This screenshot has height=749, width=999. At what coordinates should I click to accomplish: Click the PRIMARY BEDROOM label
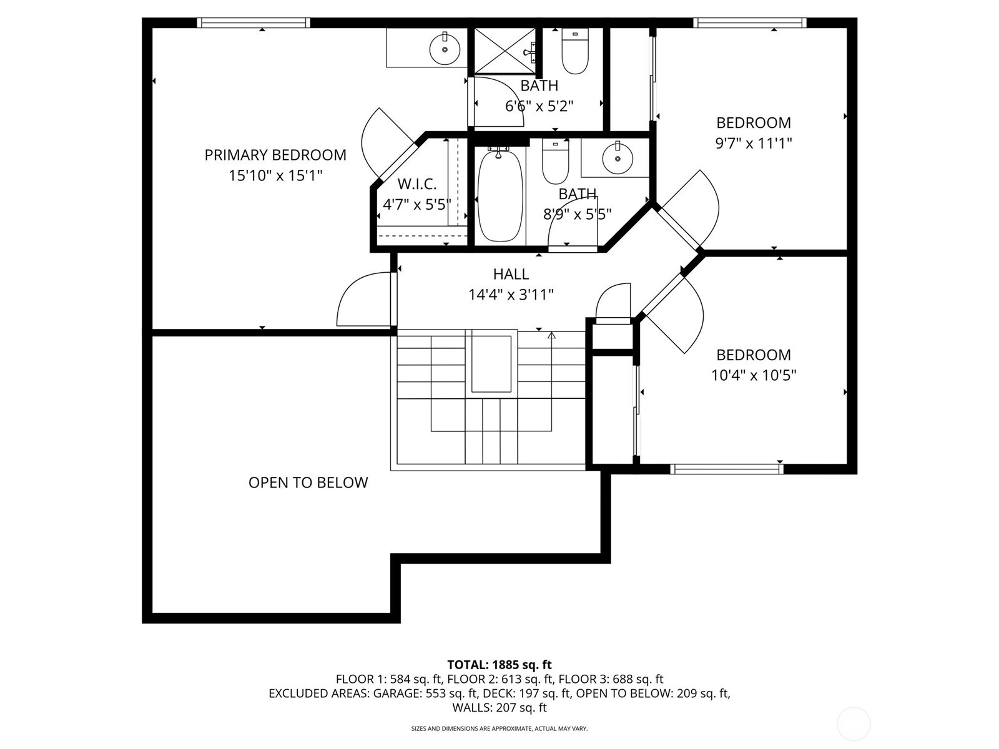pos(275,155)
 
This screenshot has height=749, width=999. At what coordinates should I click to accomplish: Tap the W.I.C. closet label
pos(417,184)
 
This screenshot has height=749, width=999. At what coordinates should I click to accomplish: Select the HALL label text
pos(511,274)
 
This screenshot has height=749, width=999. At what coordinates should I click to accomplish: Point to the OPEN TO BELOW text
pos(308,482)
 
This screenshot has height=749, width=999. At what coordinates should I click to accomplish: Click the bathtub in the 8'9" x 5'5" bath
pos(499,195)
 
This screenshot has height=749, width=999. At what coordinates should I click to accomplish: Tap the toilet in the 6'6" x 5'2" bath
pos(575,51)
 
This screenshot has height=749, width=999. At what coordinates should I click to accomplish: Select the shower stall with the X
pos(504,50)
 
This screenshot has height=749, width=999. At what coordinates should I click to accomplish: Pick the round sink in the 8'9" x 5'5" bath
pos(617,157)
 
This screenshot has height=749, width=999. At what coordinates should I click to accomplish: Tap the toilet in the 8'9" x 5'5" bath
pos(555,162)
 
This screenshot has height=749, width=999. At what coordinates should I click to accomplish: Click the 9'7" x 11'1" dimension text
pos(753,144)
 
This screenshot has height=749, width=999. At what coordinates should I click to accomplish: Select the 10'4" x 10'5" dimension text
pos(753,376)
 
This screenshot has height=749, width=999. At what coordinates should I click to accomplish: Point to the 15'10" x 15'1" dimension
pos(275,175)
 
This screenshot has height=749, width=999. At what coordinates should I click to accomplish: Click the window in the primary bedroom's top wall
pos(253,22)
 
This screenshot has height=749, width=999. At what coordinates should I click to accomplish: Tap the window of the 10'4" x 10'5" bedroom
pos(726,469)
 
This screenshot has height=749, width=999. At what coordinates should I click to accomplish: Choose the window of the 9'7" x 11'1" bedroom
pos(750,22)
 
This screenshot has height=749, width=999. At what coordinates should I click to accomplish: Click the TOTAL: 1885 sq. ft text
pos(499,665)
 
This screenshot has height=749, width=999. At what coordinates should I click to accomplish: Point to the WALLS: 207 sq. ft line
pos(499,708)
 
